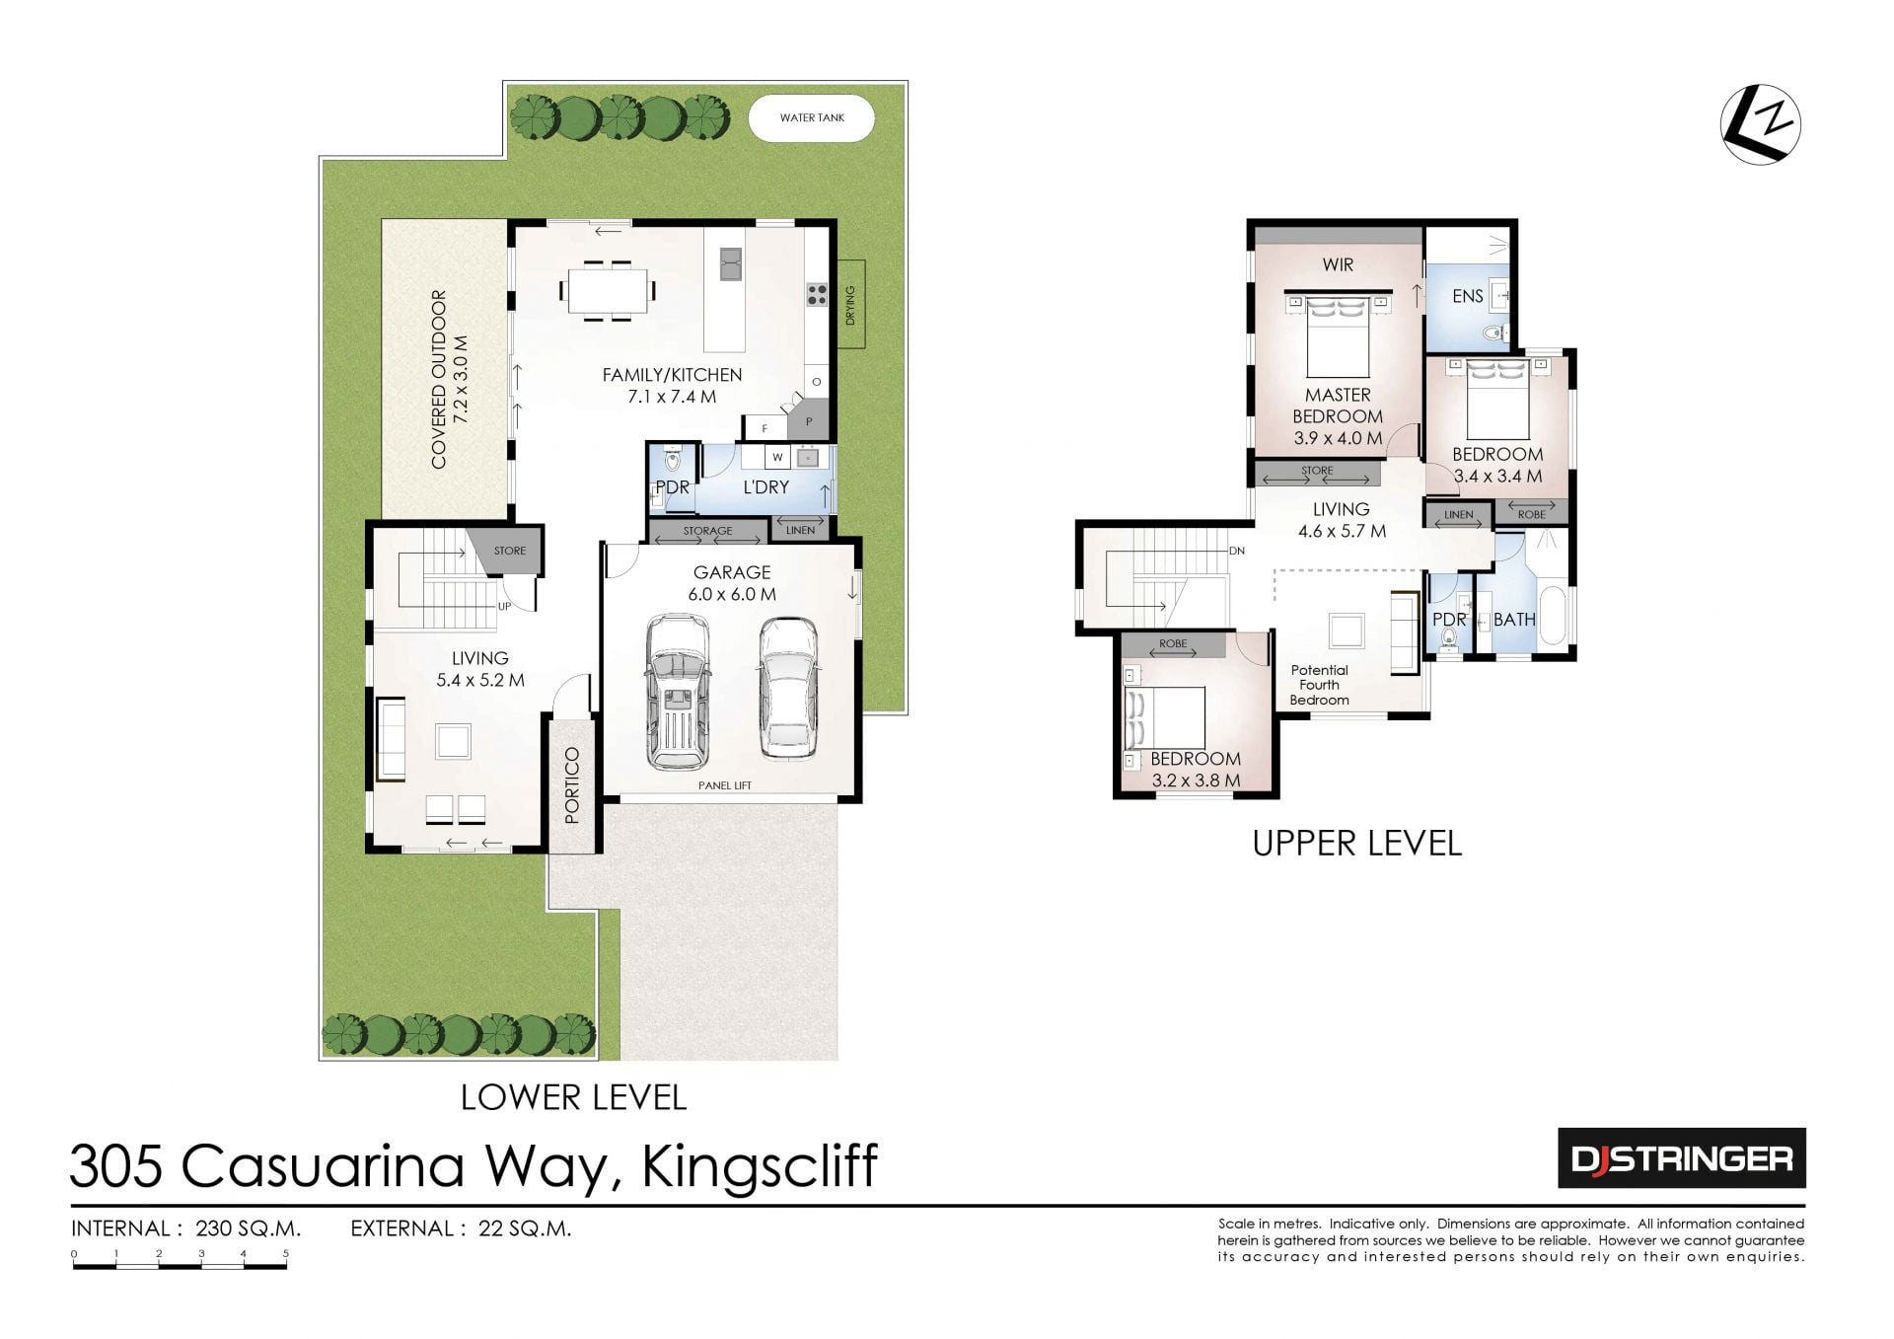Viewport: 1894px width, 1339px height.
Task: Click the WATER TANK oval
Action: (811, 118)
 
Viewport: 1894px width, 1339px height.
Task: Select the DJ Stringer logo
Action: (1682, 1158)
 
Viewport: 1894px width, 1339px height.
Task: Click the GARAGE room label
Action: (732, 572)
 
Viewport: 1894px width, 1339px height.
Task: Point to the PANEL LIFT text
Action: (725, 785)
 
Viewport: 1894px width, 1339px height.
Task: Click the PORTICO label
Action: (572, 785)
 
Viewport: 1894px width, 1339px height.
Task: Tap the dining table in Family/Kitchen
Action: (608, 291)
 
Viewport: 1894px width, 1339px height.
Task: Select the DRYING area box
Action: (850, 304)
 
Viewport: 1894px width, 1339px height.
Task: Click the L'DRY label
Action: (765, 487)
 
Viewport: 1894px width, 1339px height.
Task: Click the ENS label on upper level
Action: (1468, 296)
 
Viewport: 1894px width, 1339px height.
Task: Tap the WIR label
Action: (1338, 264)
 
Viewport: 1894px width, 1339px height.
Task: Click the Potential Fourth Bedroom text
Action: (1320, 685)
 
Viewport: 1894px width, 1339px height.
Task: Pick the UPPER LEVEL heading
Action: (1357, 844)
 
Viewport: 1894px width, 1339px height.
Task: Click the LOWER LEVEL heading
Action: (573, 1097)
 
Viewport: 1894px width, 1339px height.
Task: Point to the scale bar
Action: (180, 1263)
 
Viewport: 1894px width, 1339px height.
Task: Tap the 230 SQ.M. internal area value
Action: (249, 1228)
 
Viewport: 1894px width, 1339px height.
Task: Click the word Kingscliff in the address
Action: (760, 1167)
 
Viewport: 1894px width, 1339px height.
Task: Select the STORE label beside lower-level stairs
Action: (510, 551)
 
